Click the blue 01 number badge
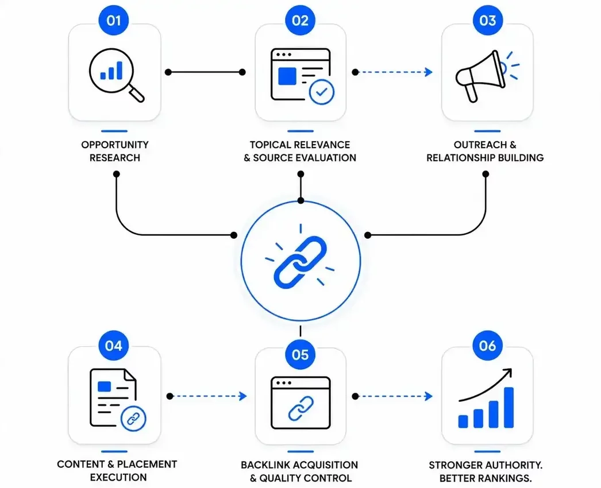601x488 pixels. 114,20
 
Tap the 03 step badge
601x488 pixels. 488,20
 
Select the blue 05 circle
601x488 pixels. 300,354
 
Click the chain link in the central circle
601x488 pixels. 300,262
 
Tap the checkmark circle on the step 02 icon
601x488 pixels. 322,92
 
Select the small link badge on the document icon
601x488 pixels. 133,419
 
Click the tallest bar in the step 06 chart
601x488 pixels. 508,408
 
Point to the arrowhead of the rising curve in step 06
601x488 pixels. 508,372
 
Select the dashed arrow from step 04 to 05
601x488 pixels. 207,396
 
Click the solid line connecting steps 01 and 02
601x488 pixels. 205,72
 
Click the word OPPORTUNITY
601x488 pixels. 114,145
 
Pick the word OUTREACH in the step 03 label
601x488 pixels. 480,145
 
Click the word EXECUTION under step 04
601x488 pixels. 118,477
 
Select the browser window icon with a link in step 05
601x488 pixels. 300,403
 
